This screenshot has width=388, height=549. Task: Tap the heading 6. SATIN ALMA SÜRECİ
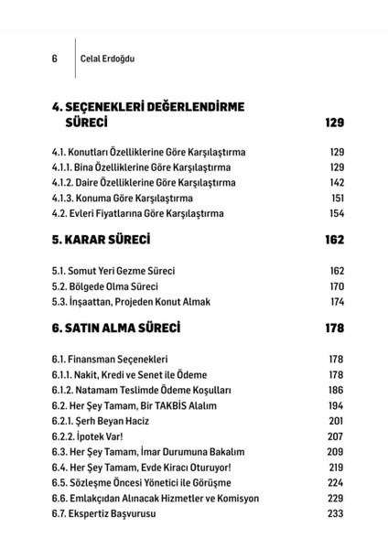(x=116, y=327)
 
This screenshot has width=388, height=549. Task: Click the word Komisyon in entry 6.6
(x=233, y=497)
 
